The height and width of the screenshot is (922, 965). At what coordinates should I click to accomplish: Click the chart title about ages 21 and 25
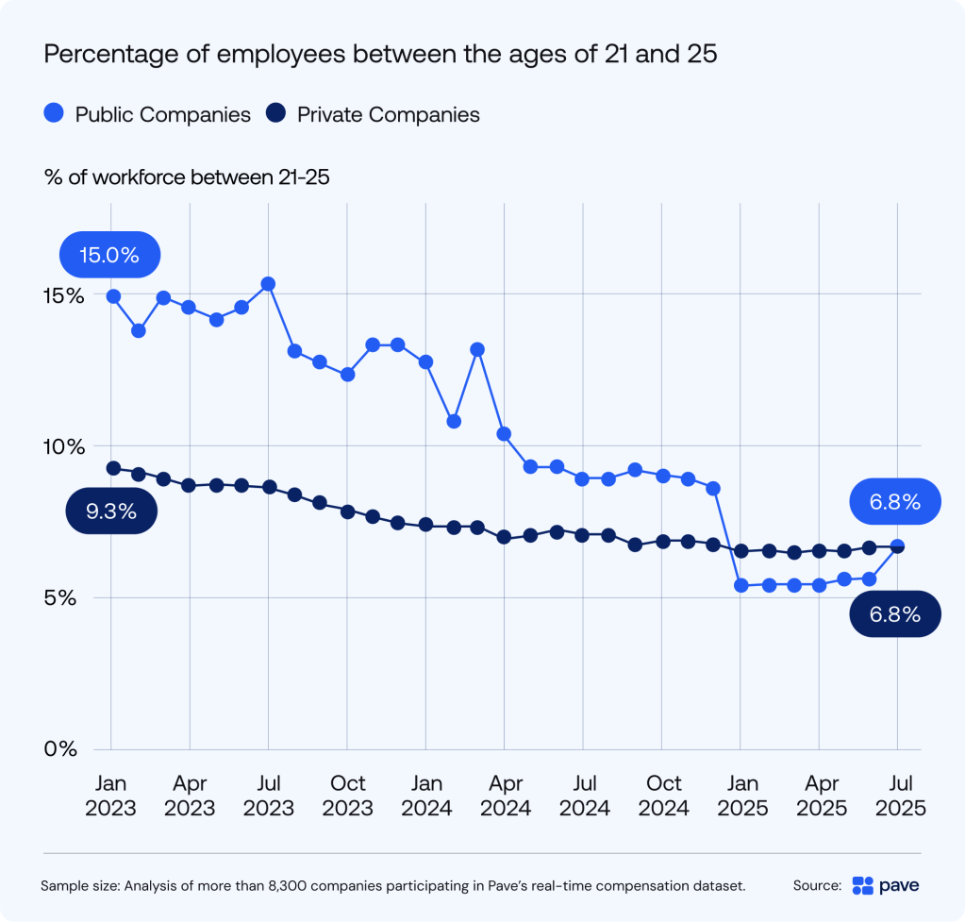coord(381,55)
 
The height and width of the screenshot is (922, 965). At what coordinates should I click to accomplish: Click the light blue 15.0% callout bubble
coord(109,256)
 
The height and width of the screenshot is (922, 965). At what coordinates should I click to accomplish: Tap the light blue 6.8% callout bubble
coord(894,502)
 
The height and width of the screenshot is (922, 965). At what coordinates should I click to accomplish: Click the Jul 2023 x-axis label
coord(269,796)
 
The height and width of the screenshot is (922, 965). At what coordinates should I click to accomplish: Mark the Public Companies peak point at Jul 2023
coord(268,283)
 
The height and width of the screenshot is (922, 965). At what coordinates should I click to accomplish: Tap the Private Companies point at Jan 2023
coord(112,468)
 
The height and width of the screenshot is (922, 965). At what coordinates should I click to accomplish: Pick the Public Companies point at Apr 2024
coord(504,434)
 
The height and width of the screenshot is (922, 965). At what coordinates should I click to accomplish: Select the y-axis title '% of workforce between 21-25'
coord(186,176)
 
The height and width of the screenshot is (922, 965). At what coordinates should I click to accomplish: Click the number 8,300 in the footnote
coord(351,886)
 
